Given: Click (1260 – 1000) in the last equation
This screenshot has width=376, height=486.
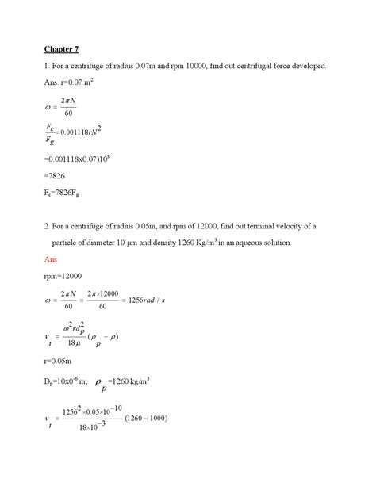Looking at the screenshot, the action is [144, 419].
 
